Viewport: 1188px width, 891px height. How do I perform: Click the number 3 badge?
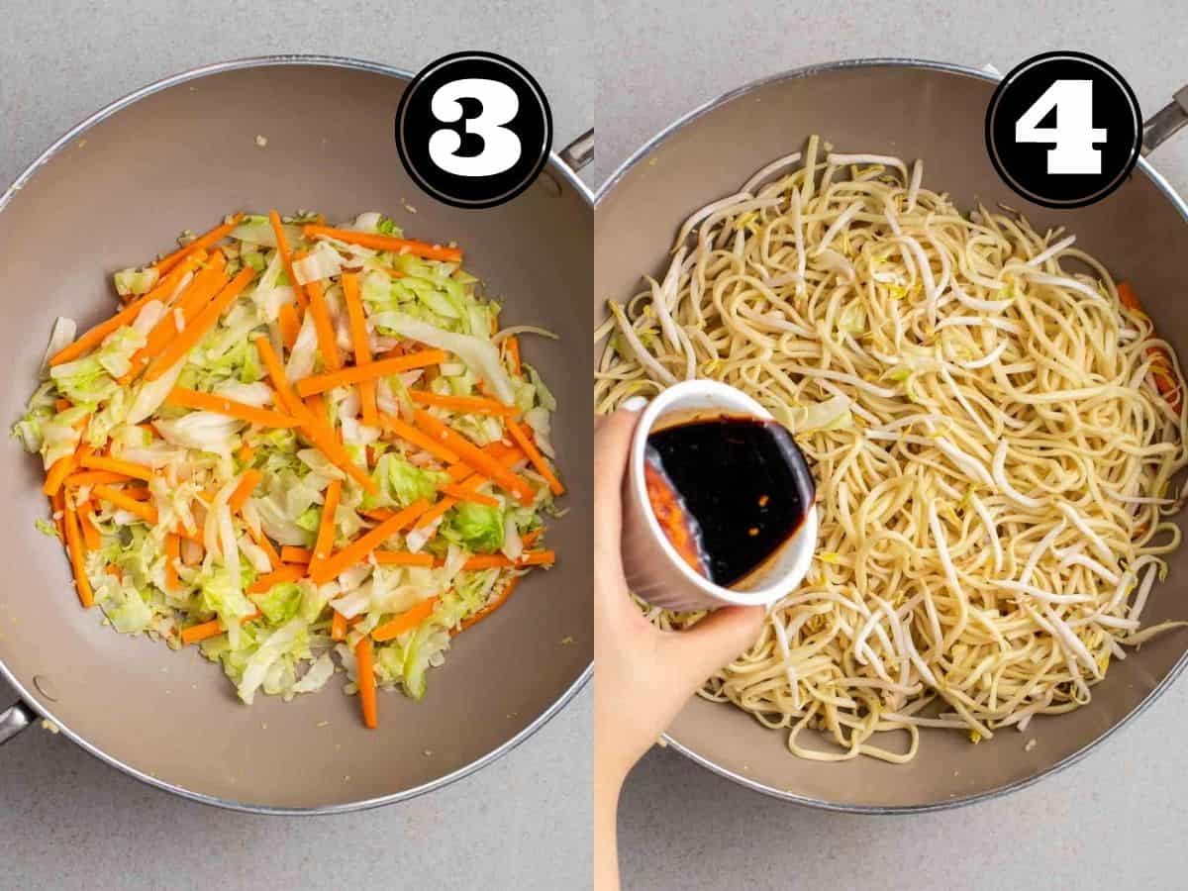click(474, 130)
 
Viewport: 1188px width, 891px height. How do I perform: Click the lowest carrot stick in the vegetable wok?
click(366, 683)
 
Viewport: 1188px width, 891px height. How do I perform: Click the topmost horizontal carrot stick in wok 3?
click(382, 243)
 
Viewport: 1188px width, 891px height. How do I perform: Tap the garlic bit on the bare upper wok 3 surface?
click(261, 142)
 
